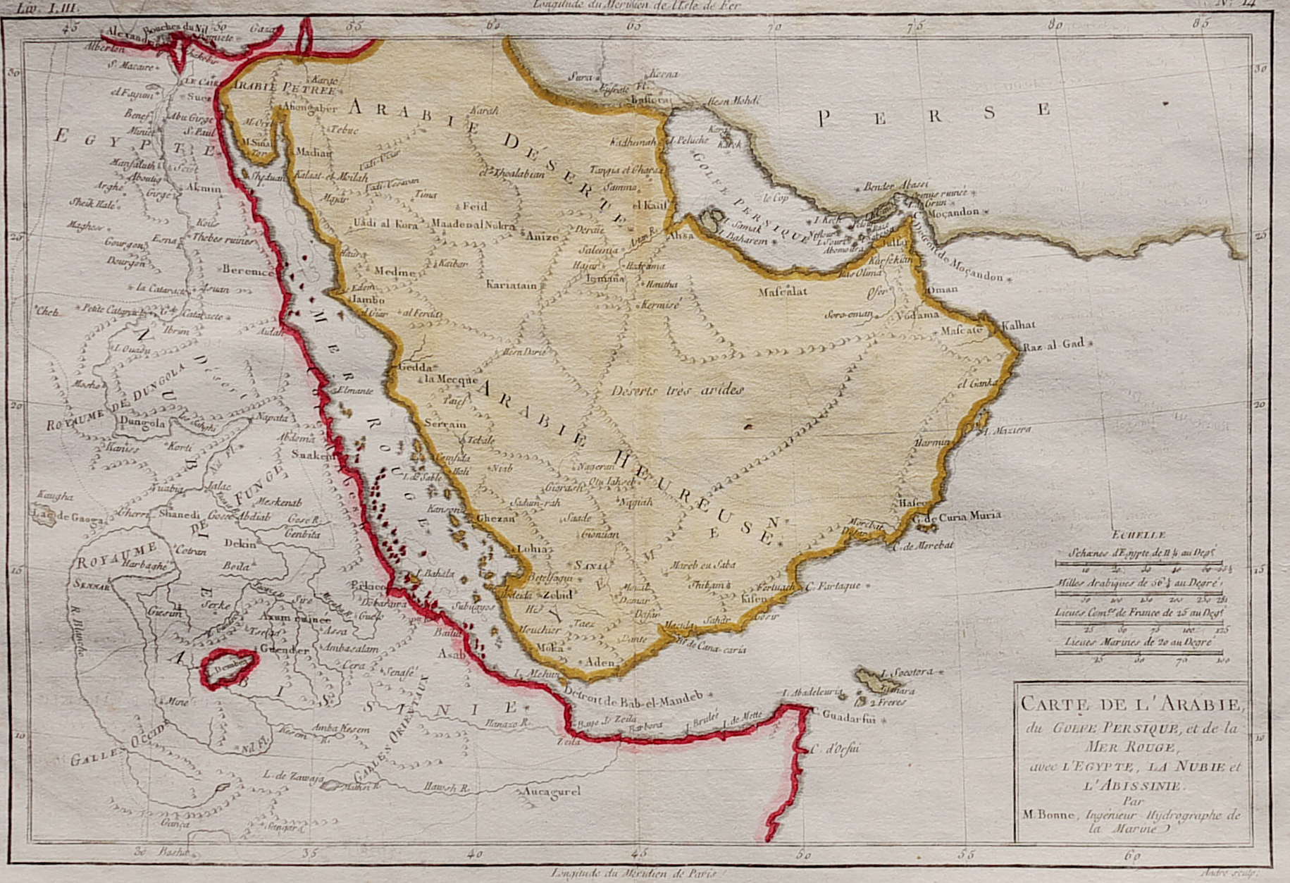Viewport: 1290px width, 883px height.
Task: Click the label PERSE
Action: pyautogui.click(x=934, y=114)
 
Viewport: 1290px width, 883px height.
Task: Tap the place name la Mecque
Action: pyautogui.click(x=445, y=378)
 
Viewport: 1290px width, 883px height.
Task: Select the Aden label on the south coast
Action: pyautogui.click(x=600, y=662)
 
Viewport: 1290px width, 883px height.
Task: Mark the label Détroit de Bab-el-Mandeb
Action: pyautogui.click(x=633, y=700)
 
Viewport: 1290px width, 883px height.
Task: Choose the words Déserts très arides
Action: pyautogui.click(x=678, y=389)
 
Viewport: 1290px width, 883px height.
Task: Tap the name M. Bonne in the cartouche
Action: pyautogui.click(x=1048, y=815)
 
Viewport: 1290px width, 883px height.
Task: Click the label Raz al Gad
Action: pyautogui.click(x=1053, y=345)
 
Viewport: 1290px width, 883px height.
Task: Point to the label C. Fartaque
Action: pyautogui.click(x=833, y=586)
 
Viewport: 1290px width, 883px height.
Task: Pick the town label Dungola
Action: pyautogui.click(x=143, y=424)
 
